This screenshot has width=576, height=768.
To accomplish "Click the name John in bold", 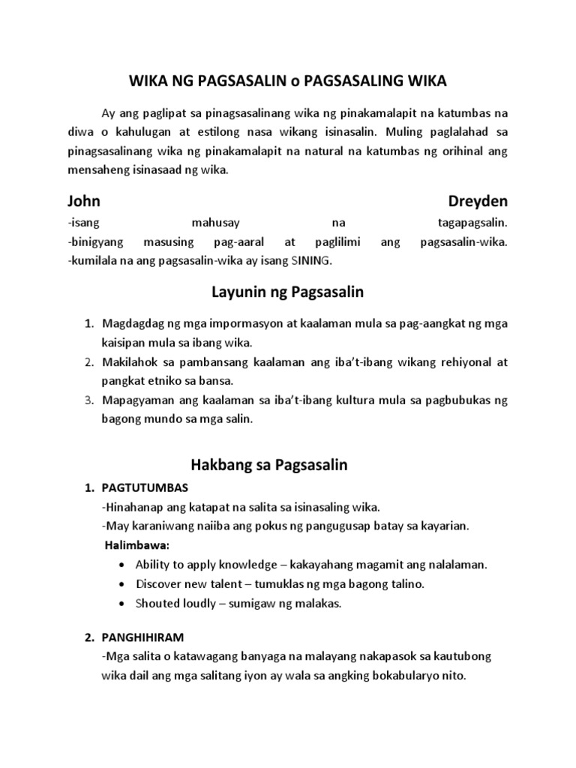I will point(84,202).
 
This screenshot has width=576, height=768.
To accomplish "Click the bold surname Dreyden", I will point(478,202).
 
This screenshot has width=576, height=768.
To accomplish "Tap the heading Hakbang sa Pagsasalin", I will point(289,465).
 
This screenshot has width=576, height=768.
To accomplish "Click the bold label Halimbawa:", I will point(136,544).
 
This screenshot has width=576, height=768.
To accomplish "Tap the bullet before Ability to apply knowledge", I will point(122,565).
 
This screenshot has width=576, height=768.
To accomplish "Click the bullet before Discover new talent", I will point(122,584).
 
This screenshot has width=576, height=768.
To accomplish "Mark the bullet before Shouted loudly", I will point(122,604).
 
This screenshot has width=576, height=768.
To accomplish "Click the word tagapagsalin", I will point(472,223).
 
